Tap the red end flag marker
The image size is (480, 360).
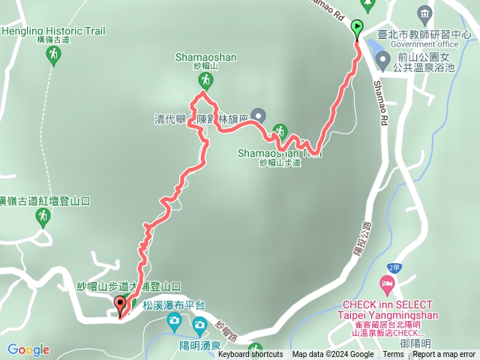pos(120,304)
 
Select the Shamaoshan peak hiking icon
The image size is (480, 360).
pos(202,77)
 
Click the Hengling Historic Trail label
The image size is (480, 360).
pos(53,31)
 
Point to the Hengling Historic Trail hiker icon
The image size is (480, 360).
pos(52,53)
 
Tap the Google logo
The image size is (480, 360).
pos(28,349)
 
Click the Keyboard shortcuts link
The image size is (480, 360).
pos(250,355)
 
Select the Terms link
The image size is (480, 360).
pos(393,355)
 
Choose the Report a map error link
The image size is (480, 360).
pos(445,355)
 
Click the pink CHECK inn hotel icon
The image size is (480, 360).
pos(386,284)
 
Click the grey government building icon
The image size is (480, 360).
pos(425,12)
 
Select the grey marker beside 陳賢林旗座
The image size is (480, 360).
pos(259,115)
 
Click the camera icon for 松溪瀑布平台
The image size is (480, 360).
pos(174,322)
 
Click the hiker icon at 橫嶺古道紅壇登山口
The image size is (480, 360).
pos(43,217)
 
